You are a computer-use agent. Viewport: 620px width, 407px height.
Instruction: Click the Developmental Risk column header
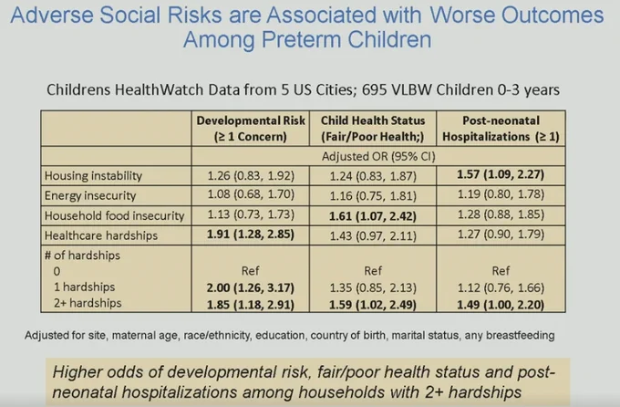click(251, 129)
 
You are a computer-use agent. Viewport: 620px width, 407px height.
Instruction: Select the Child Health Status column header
click(373, 129)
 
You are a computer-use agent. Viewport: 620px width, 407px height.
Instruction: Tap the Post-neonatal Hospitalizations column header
click(501, 129)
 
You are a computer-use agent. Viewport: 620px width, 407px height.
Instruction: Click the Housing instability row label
click(93, 176)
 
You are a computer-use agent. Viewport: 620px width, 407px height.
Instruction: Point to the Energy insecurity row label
click(90, 195)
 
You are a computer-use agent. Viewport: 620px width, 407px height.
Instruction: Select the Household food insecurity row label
click(114, 215)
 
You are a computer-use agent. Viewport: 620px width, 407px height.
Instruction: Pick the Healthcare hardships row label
click(101, 235)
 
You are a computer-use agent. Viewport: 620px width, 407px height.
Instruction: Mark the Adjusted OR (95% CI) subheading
click(378, 156)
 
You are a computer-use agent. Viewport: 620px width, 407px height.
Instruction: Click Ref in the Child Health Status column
click(373, 271)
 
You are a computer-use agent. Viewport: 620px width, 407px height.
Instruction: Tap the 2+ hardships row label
click(88, 303)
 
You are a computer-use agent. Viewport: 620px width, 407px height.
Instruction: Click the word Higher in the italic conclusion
click(76, 372)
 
